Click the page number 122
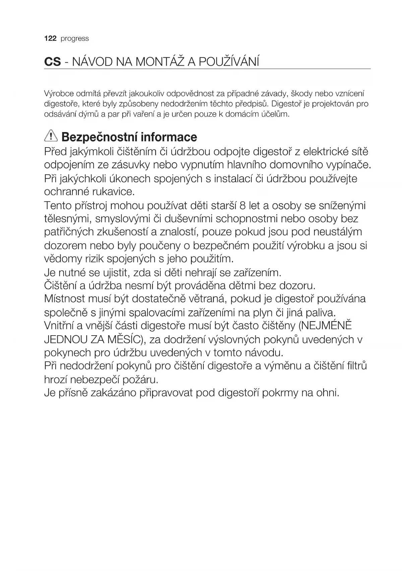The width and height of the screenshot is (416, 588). [x=50, y=39]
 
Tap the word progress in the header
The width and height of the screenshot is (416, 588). [x=75, y=39]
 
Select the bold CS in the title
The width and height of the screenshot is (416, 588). [x=53, y=62]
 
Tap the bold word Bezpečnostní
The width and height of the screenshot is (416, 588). [x=100, y=137]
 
